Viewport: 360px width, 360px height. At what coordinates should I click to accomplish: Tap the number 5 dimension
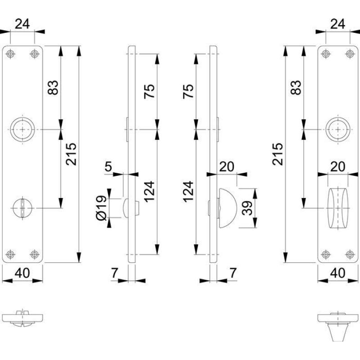point(108,167)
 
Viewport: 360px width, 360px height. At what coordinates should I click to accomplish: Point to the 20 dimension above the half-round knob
point(228,167)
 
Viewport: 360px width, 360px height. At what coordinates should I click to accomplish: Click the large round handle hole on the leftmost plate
point(22,130)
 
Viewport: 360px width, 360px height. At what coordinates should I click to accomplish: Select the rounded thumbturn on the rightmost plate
point(337,208)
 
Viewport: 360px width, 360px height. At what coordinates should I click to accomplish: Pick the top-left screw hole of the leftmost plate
point(10,54)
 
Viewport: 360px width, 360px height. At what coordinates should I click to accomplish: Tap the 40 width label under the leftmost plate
point(22,273)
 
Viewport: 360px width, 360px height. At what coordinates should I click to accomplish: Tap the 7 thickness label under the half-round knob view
point(233,273)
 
